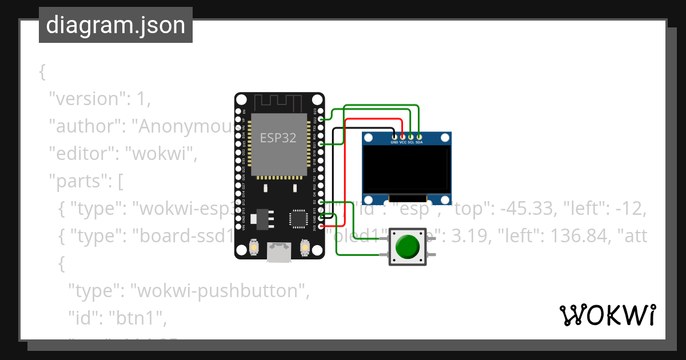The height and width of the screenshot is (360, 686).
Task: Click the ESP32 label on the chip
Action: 278,138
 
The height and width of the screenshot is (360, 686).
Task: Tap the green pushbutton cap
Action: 407,246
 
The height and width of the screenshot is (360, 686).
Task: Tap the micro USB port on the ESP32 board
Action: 278,252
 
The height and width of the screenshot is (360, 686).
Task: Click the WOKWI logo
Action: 607,315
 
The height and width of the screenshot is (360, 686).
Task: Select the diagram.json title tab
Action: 115,25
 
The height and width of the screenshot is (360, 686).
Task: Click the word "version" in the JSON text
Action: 86,99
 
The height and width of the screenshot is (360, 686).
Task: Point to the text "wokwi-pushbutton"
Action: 217,291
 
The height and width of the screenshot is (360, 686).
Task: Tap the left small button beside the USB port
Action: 252,248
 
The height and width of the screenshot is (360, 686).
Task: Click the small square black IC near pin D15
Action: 297,218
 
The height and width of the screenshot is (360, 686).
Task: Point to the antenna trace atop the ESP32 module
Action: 278,103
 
